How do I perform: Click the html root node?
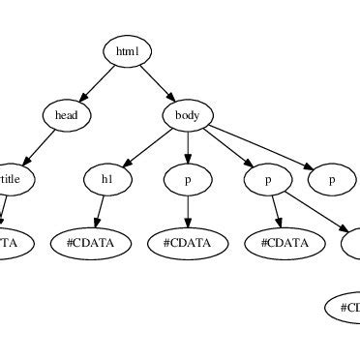pos(128,51)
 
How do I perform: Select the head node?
pos(67,115)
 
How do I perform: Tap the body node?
pos(188,115)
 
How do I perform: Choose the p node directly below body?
pos(188,179)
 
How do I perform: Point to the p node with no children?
pos(331,179)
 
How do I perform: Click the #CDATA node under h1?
pos(98,243)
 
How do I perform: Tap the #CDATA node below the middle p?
pos(188,243)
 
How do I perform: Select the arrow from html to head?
pos(97,83)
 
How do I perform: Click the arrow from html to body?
pos(158,83)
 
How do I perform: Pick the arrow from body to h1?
pos(148,147)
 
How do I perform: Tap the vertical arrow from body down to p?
pos(188,147)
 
